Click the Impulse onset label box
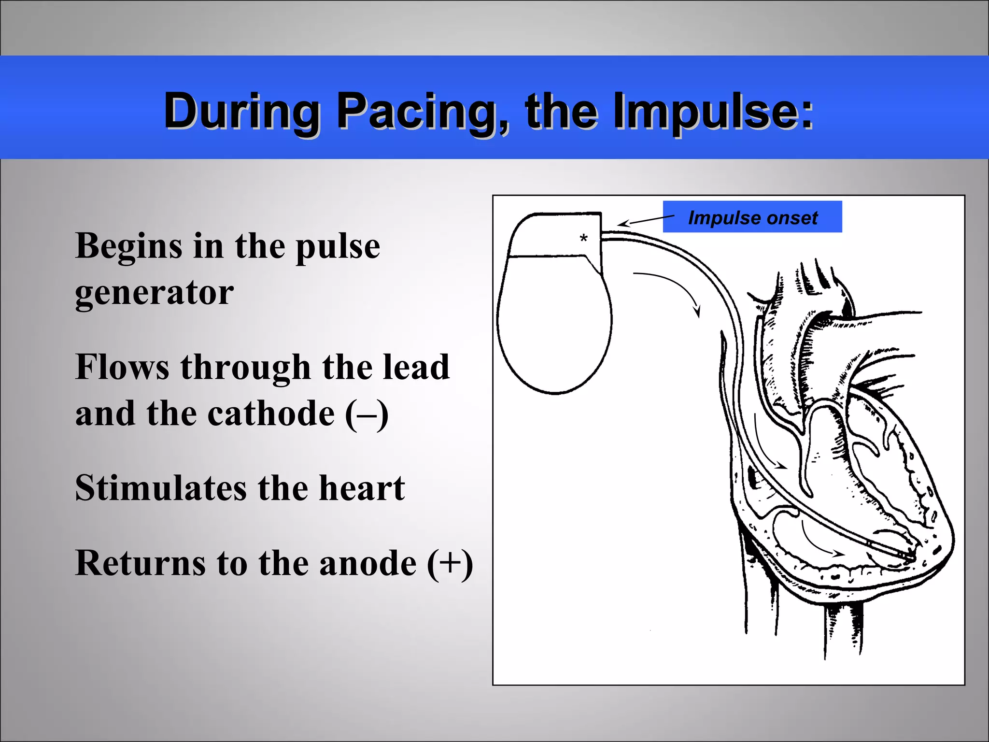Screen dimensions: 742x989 coord(752,217)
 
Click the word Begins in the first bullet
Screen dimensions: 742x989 coord(128,246)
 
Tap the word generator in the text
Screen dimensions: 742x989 coord(154,293)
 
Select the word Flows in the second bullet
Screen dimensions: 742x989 coord(122,367)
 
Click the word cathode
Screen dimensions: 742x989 coord(271,414)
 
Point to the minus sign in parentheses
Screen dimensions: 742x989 coord(367,414)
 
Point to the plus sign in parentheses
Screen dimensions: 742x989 coord(450,563)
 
